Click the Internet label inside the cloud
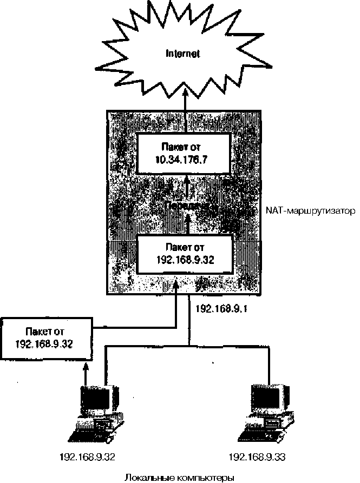[x=183, y=54]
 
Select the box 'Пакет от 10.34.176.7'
[x=184, y=153]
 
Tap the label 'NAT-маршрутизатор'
[x=310, y=210]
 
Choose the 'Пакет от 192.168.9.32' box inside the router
[x=185, y=254]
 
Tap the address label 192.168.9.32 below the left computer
[x=88, y=457]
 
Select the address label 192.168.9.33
[x=257, y=457]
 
